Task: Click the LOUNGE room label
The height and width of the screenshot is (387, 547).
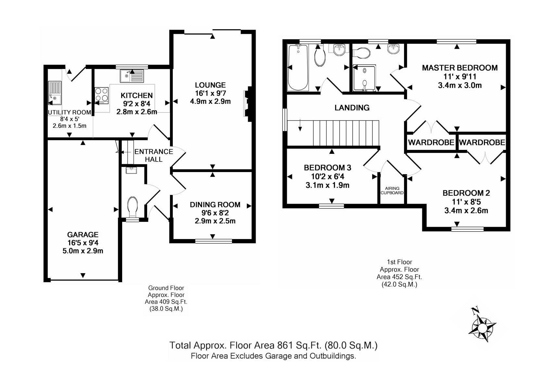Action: (210, 85)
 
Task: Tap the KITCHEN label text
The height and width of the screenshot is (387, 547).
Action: (136, 95)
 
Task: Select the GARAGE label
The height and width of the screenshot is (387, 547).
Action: (83, 235)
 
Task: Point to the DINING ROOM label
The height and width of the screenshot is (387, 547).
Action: (215, 205)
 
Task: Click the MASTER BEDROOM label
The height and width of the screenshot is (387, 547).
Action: (460, 68)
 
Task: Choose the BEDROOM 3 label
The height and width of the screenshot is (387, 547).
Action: (327, 168)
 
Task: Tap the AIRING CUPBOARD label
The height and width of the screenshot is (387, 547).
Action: (392, 191)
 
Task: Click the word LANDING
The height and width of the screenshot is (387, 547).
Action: (352, 108)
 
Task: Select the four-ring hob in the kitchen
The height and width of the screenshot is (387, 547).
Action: (101, 96)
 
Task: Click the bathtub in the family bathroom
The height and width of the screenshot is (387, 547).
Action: (298, 67)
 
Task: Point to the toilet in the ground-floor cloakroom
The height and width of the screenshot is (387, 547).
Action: (132, 207)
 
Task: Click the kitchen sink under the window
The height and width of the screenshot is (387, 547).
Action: (132, 76)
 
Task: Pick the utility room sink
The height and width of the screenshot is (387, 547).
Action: (55, 93)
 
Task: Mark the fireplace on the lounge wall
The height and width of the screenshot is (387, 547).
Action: (248, 104)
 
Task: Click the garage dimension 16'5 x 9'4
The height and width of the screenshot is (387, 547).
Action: (83, 243)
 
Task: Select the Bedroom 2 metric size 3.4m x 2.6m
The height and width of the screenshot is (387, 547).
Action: (466, 211)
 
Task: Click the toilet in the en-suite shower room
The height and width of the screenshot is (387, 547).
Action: (362, 53)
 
